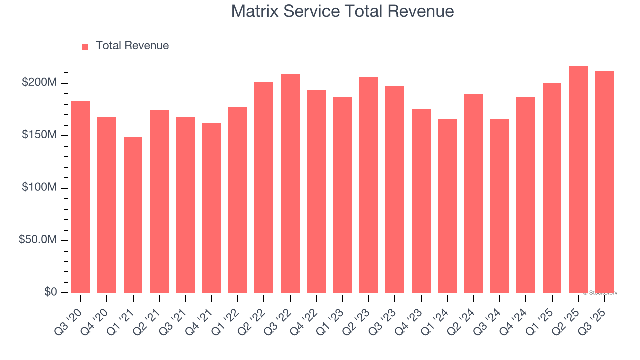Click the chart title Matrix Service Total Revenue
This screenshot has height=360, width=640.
pyautogui.click(x=342, y=11)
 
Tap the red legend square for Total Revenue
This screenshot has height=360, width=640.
pyautogui.click(x=85, y=46)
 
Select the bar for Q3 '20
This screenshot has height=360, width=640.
pyautogui.click(x=81, y=197)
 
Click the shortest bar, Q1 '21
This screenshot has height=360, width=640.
pyautogui.click(x=133, y=215)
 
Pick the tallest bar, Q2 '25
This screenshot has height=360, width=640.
pyautogui.click(x=578, y=179)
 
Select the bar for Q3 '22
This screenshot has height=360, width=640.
pyautogui.click(x=290, y=183)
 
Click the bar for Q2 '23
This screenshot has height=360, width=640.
pyautogui.click(x=369, y=185)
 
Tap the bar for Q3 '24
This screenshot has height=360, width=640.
pyautogui.click(x=500, y=206)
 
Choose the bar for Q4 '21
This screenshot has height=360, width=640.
pyautogui.click(x=212, y=208)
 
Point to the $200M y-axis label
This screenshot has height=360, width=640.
pyautogui.click(x=39, y=83)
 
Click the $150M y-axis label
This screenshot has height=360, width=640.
pyautogui.click(x=39, y=135)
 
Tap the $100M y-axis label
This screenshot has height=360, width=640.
pyautogui.click(x=39, y=188)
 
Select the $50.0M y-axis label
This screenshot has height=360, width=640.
pyautogui.click(x=37, y=240)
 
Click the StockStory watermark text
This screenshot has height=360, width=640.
pyautogui.click(x=600, y=293)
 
